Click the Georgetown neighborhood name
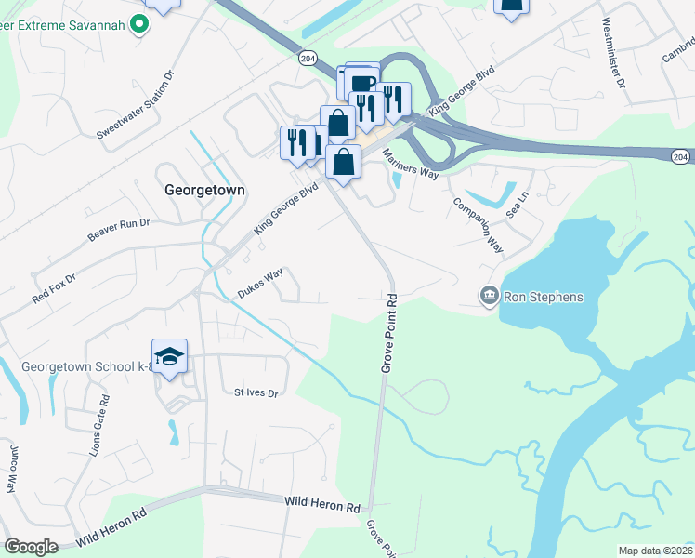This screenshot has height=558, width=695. pyautogui.click(x=204, y=189)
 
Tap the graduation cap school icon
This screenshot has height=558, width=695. pyautogui.click(x=170, y=357)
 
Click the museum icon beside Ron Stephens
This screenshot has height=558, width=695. pyautogui.click(x=489, y=296)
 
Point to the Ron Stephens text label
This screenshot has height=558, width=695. pyautogui.click(x=543, y=298)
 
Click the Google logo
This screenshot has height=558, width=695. pyautogui.click(x=31, y=546)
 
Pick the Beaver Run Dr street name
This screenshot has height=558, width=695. pyautogui.click(x=118, y=231)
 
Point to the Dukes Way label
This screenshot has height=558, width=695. pyautogui.click(x=260, y=283)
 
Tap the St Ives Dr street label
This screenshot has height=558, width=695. pyautogui.click(x=256, y=393)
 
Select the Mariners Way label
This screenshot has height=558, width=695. pyautogui.click(x=410, y=166)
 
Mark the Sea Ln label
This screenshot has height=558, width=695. pyautogui.click(x=518, y=205)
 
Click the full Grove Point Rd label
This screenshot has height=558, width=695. pyautogui.click(x=389, y=335)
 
